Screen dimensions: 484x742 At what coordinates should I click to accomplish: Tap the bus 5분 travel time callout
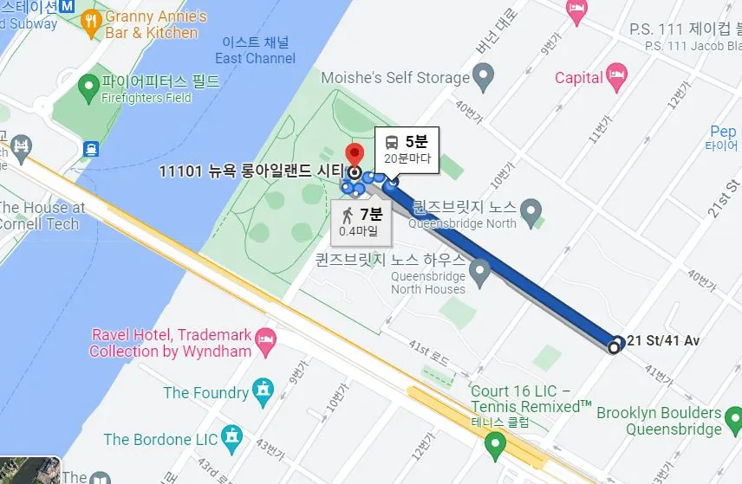pyautogui.click(x=407, y=149)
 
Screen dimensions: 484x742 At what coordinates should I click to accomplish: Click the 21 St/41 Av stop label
pyautogui.click(x=662, y=340)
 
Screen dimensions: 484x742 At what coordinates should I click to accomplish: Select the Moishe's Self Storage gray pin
pyautogui.click(x=484, y=80)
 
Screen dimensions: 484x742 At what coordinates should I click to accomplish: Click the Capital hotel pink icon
pyautogui.click(x=616, y=75)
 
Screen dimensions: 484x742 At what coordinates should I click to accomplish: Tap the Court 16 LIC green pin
pyautogui.click(x=495, y=446)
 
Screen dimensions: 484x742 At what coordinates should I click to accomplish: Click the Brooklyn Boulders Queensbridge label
pyautogui.click(x=659, y=421)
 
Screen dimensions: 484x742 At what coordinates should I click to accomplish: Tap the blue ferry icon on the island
pyautogui.click(x=89, y=148)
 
